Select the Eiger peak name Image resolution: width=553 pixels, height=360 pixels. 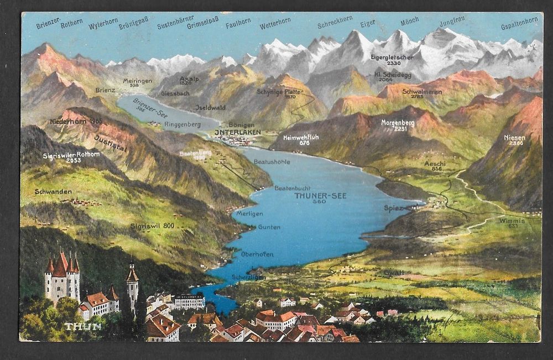(367, 23)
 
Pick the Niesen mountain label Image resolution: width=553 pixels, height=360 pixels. (514, 137)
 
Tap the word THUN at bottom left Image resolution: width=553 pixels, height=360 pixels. (83, 326)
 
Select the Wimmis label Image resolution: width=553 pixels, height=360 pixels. (511, 220)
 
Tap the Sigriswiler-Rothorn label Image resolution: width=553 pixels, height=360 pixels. (71, 156)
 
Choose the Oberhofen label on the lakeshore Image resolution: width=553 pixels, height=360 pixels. (257, 254)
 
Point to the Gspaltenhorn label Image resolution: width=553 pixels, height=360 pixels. (519, 25)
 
